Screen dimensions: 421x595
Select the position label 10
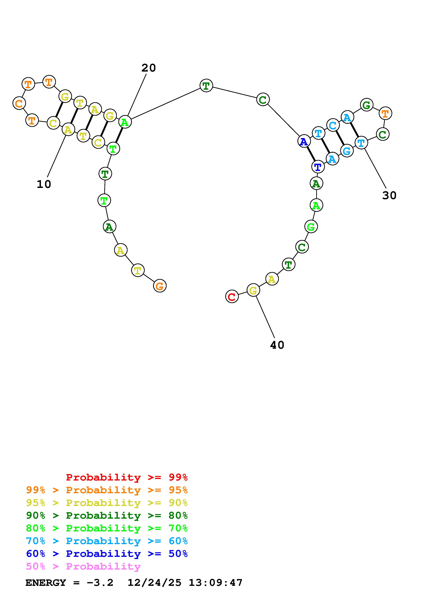44,184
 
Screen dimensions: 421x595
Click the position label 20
148,68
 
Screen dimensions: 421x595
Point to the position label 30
389,195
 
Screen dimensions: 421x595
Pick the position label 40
277,345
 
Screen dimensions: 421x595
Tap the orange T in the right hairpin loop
385,113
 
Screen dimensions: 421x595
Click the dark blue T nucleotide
318,166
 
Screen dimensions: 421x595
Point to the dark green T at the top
206,85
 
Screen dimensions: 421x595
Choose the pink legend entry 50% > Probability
83,566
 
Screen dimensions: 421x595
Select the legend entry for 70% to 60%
107,541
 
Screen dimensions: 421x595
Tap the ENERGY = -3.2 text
69,583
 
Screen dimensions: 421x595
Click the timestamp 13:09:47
215,583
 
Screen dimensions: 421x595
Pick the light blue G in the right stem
347,151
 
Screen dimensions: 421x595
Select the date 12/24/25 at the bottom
154,583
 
